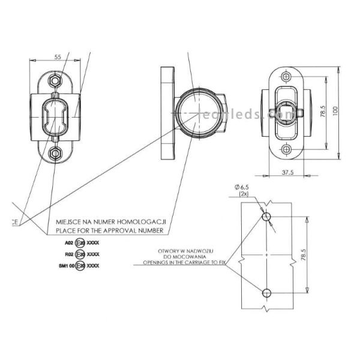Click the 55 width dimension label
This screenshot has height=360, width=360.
pos(58,57)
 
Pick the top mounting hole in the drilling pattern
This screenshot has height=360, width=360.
pos(267,215)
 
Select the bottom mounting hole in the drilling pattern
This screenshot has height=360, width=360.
pos(267,292)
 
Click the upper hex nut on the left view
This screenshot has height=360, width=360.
pos(56,79)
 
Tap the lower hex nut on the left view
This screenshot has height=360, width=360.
pos(56,153)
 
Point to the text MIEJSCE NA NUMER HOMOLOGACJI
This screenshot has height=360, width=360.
pos(110,221)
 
